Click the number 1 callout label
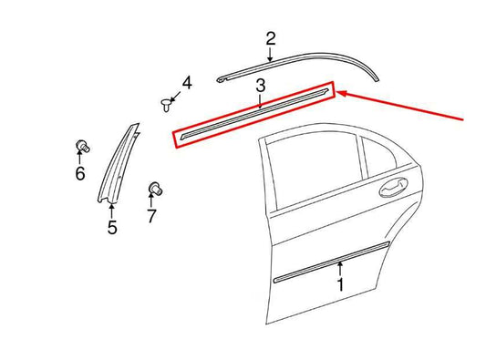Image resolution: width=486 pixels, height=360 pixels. click(x=339, y=285)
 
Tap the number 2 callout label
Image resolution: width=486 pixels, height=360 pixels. click(x=270, y=38)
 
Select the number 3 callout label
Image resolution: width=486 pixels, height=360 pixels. click(x=260, y=87)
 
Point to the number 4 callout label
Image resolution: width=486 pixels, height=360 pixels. click(x=186, y=84)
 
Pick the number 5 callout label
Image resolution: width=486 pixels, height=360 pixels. click(x=111, y=228)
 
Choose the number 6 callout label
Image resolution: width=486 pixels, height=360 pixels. click(x=79, y=172)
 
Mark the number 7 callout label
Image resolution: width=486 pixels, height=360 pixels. click(x=151, y=216)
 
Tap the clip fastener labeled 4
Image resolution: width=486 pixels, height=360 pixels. click(x=167, y=101)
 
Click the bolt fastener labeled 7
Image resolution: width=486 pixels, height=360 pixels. click(x=153, y=190)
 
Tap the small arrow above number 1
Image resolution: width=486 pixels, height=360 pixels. click(x=339, y=267)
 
